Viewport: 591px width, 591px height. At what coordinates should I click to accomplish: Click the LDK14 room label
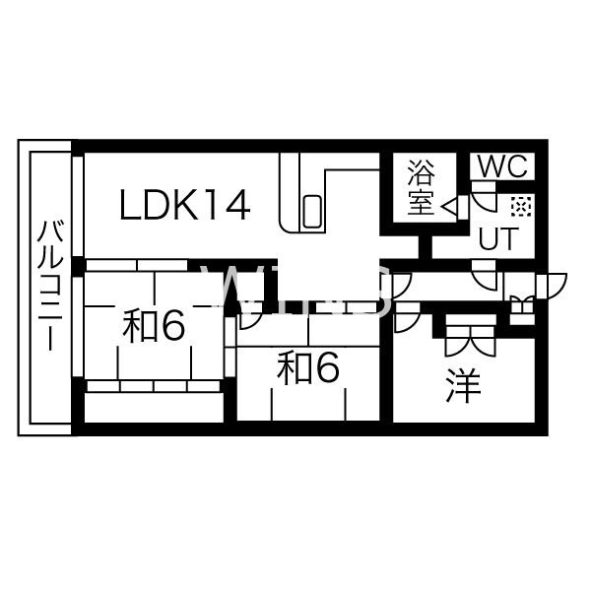point(185,206)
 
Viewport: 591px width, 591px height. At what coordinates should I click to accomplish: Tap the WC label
point(502,166)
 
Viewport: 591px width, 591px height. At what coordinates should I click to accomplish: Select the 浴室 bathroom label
point(421,188)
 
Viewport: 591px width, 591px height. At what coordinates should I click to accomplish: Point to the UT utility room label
point(496,238)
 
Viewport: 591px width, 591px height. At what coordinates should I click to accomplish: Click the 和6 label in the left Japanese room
point(154,325)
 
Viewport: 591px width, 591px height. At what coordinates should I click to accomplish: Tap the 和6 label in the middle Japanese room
point(308,367)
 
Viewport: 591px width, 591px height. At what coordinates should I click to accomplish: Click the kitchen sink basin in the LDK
point(312,212)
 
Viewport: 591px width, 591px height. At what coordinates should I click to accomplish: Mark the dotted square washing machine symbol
point(521,207)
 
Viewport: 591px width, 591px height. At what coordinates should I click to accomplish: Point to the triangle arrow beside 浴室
point(449,206)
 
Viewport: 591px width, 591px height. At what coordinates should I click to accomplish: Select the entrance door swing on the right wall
point(553,286)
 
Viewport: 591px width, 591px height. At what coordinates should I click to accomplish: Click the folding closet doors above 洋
point(470,336)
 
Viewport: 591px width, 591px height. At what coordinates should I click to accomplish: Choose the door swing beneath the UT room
point(484,276)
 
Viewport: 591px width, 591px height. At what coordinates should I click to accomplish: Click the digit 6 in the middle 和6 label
point(327,367)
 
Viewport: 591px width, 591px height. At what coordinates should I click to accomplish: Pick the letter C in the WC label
point(519,166)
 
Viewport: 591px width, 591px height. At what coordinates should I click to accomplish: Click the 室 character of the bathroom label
point(421,202)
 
